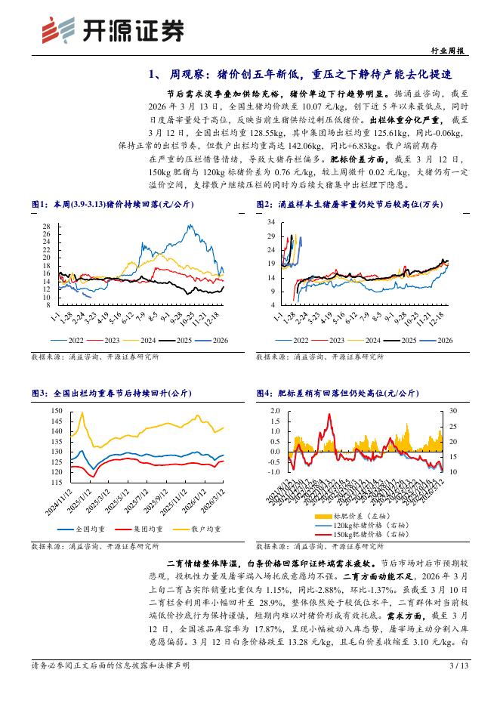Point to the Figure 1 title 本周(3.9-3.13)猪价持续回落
click(x=113, y=205)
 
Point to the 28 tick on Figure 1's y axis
click(x=47, y=227)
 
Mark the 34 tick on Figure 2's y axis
click(x=271, y=222)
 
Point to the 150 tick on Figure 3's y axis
click(x=54, y=410)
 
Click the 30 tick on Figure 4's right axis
click(x=452, y=411)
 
